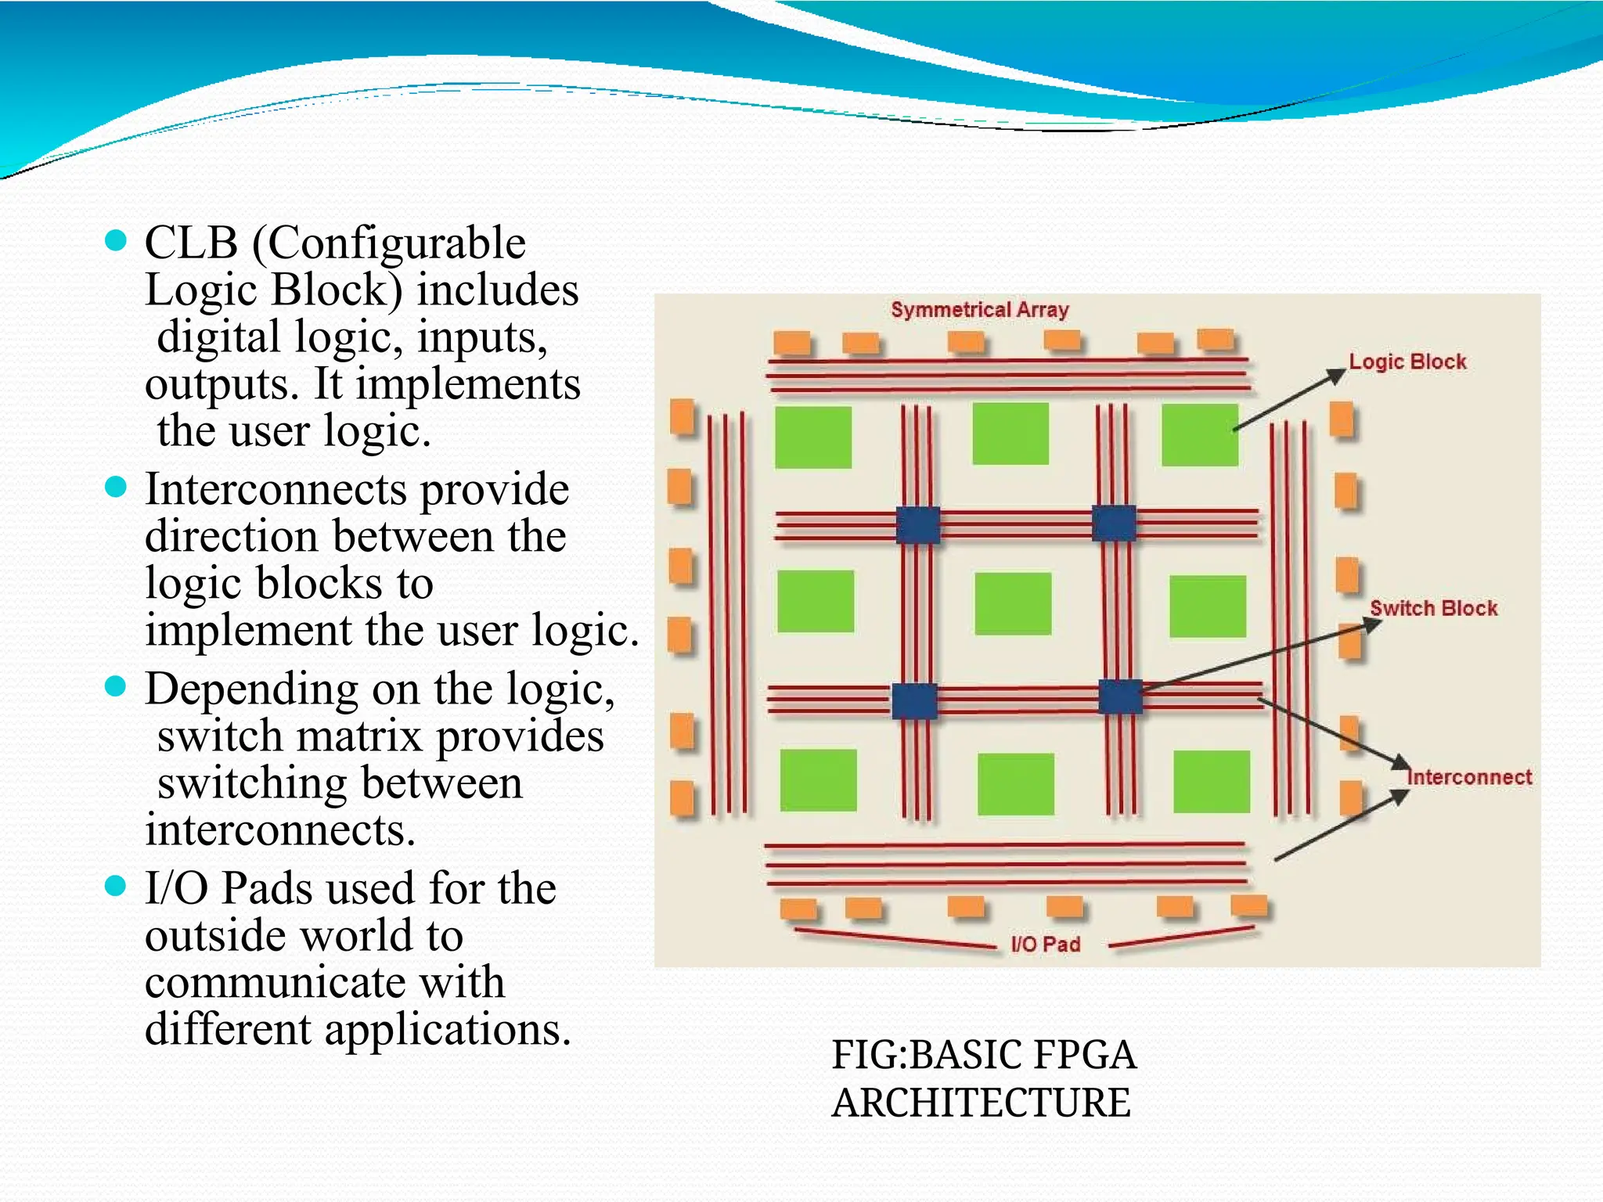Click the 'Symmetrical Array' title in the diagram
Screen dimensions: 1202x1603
[x=979, y=310]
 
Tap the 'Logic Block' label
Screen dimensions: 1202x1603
[x=1407, y=362]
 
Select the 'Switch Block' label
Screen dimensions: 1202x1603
[x=1433, y=608]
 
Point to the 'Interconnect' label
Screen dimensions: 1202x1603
[x=1469, y=777]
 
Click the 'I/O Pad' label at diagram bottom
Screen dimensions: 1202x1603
[x=1046, y=944]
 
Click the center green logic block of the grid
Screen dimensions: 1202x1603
[x=1013, y=603]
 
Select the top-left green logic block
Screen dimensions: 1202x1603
[x=813, y=437]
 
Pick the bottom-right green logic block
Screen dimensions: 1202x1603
[x=1212, y=782]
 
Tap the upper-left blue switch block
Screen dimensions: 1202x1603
[x=917, y=524]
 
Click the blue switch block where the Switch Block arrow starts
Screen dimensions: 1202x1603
[x=1120, y=696]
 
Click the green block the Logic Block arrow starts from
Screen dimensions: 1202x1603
[x=1199, y=435]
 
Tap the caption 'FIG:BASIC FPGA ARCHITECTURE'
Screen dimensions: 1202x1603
[x=983, y=1078]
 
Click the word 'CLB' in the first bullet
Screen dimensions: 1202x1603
[x=191, y=243]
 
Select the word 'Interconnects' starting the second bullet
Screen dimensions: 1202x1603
[x=276, y=490]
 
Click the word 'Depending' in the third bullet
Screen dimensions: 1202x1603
[x=251, y=690]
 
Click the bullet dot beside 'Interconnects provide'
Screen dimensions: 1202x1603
[x=115, y=488]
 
